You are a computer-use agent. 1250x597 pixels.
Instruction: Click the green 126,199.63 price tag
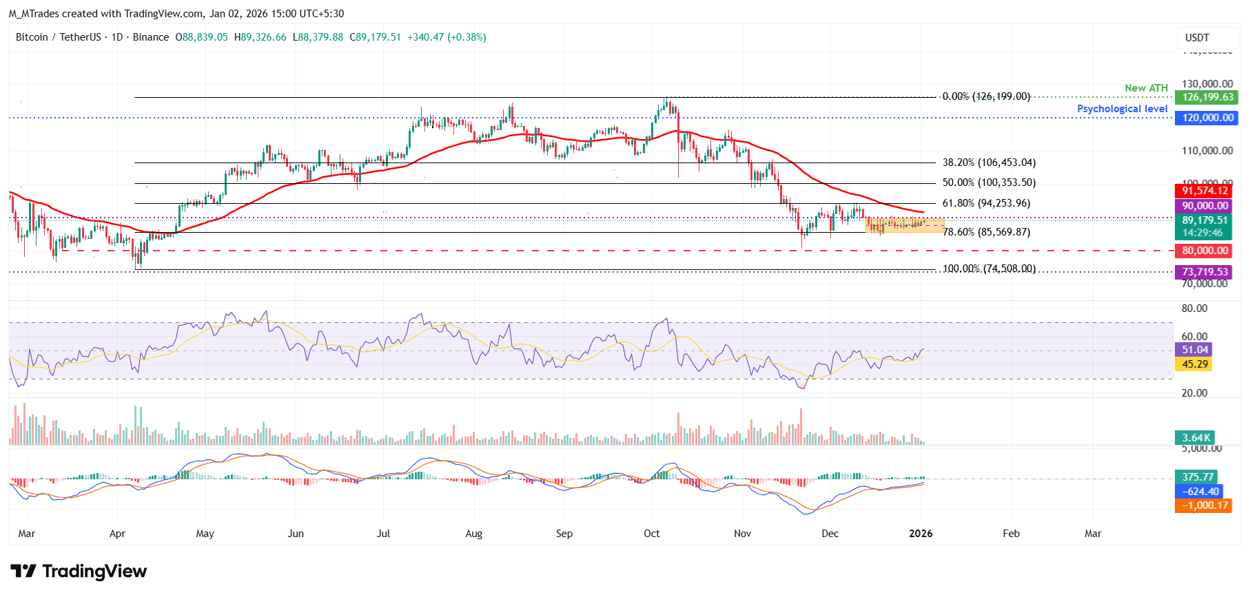coord(1207,97)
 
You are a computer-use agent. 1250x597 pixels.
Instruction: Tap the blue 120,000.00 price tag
coord(1207,118)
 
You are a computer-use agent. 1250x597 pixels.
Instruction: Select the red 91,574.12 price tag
coord(1205,191)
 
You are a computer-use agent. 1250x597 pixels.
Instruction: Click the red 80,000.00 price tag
coord(1205,251)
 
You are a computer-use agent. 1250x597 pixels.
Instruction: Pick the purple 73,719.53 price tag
coord(1205,272)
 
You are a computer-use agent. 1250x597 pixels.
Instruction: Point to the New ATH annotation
coord(1146,88)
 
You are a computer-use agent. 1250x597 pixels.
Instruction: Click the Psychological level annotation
coord(1122,109)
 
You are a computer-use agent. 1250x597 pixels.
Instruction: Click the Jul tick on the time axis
coord(384,534)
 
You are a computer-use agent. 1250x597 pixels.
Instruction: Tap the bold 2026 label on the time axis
coord(921,534)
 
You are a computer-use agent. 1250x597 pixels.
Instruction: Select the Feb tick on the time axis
coord(1011,534)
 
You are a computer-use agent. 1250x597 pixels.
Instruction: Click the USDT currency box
coord(1197,38)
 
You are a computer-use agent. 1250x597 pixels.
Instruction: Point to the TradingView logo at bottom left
coord(79,572)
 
